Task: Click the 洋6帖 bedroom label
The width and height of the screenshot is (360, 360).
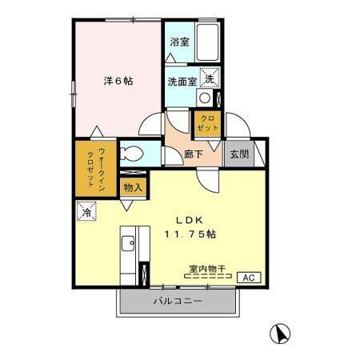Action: (118, 81)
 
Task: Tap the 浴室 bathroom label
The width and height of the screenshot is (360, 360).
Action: (179, 42)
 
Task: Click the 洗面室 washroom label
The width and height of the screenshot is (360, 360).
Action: (182, 81)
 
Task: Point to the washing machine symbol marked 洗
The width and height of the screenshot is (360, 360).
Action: (208, 78)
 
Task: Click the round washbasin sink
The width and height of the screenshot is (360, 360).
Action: (205, 98)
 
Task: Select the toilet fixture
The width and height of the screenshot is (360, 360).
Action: (133, 154)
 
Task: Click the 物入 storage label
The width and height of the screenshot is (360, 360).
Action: (133, 188)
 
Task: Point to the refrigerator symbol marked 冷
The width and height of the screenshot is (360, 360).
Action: (86, 212)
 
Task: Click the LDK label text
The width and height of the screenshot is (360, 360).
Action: (190, 219)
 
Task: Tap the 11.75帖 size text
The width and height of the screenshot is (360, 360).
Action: (191, 235)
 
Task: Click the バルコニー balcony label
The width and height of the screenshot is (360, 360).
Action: (178, 302)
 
